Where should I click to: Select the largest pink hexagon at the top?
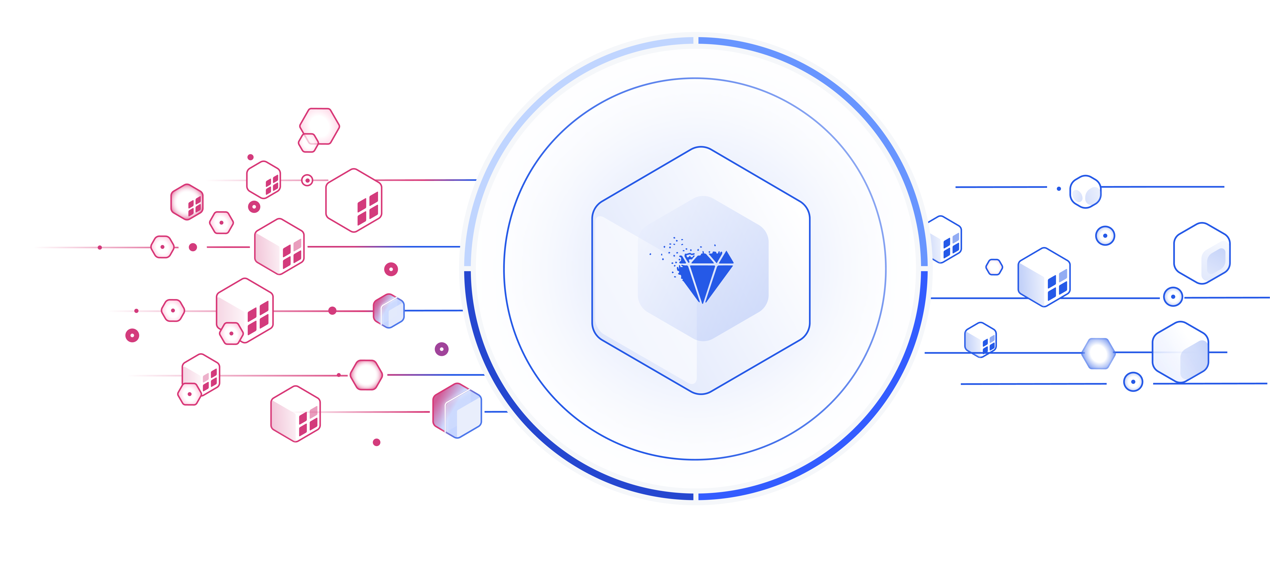pos(320,125)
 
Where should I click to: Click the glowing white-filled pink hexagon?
pos(366,375)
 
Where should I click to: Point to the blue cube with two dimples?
pos(1085,192)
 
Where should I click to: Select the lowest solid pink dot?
pos(377,442)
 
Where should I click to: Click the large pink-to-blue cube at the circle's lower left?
pos(457,411)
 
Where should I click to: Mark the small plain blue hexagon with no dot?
pos(994,267)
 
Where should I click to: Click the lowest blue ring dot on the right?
pos(1133,382)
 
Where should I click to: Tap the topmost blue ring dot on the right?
pos(1105,236)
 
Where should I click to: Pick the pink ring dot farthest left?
pos(132,335)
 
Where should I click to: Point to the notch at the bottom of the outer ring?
pos(696,496)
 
